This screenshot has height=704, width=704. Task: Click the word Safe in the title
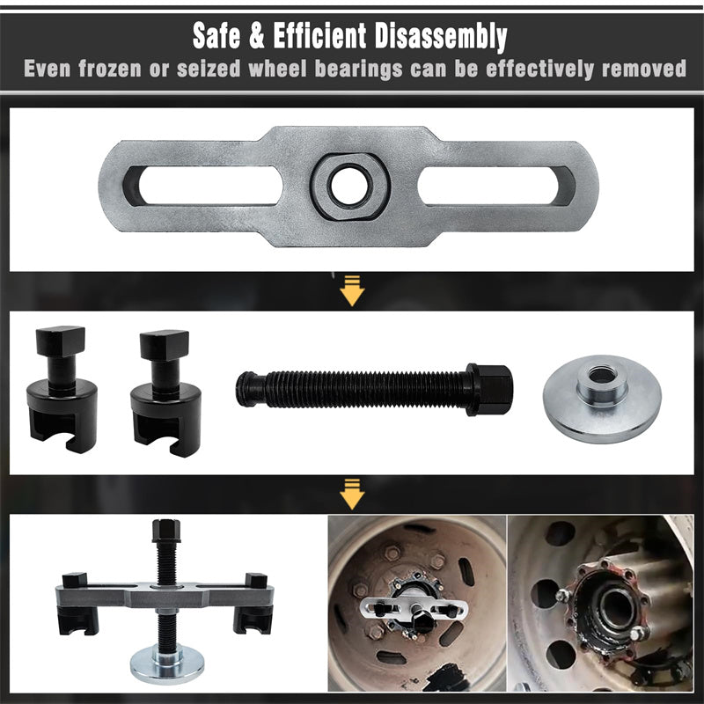pos(216,35)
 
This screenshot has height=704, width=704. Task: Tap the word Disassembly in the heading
pos(441,37)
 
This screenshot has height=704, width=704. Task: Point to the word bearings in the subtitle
pos(358,70)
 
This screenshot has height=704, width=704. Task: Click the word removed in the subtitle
pos(644,69)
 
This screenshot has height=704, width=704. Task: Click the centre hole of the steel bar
pos(349,186)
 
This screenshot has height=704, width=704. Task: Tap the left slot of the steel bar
pos(203,186)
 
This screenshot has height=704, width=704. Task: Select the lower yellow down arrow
pos(352,494)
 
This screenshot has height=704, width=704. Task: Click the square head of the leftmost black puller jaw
pos(61,341)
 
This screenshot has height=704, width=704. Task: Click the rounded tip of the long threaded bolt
pos(245,389)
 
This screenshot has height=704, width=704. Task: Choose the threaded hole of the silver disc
pos(601,375)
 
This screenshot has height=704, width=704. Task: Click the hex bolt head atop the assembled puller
pos(166,531)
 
